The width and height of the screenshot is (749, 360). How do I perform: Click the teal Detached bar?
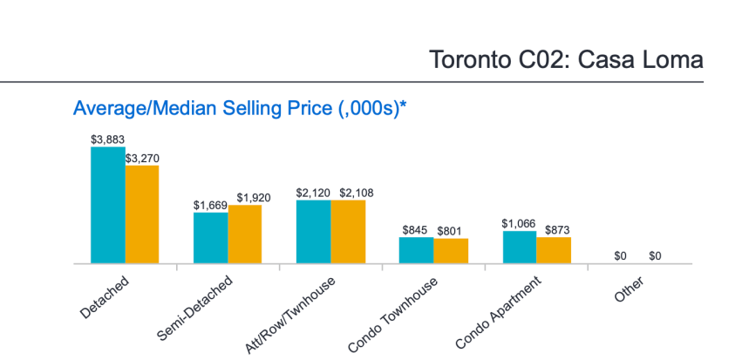(108, 205)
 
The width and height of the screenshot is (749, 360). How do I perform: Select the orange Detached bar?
(142, 214)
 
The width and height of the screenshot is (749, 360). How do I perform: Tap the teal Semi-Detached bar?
(211, 237)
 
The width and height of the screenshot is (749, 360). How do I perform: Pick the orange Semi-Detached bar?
(245, 234)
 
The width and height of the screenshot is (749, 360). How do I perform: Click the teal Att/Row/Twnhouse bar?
(314, 231)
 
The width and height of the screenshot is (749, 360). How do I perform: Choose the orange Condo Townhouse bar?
(451, 250)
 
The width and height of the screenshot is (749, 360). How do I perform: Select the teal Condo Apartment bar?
(520, 247)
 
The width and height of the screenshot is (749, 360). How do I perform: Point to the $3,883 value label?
(108, 139)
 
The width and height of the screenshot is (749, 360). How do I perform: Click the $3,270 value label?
(142, 158)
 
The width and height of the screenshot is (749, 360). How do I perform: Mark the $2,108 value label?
(348, 193)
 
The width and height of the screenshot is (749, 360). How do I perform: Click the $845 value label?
(416, 229)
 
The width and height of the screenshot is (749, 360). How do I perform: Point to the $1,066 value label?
(520, 223)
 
